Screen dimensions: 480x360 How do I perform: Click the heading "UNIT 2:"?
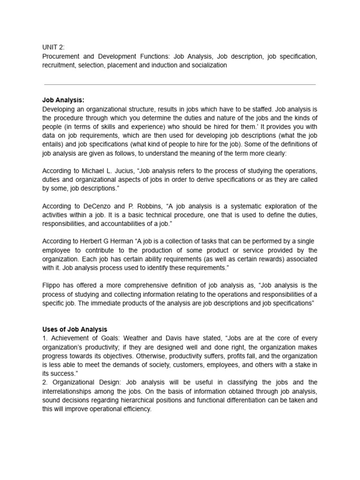click(x=53, y=48)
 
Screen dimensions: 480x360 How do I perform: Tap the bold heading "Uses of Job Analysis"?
click(x=75, y=330)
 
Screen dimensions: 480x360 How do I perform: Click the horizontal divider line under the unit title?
click(x=180, y=85)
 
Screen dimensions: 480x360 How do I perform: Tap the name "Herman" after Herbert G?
click(x=120, y=241)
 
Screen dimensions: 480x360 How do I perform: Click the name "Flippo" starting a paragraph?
click(x=52, y=285)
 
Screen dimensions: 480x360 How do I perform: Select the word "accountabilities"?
click(x=123, y=224)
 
